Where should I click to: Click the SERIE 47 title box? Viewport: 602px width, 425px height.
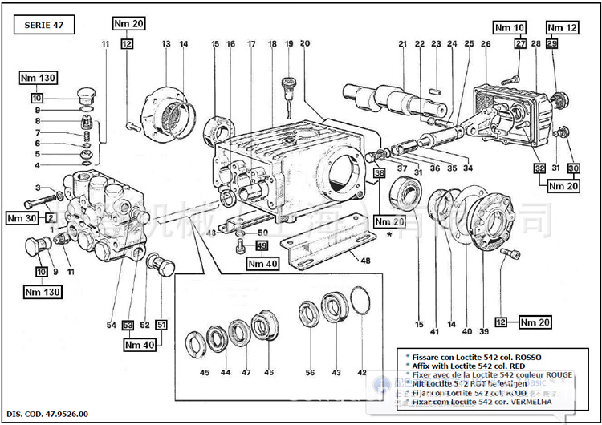click(x=43, y=25)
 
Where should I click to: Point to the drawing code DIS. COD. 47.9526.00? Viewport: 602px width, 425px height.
click(x=49, y=414)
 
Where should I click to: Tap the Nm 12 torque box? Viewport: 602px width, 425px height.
click(x=562, y=28)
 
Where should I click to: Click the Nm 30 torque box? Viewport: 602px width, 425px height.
click(x=22, y=217)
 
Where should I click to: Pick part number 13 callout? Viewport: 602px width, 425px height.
click(x=166, y=43)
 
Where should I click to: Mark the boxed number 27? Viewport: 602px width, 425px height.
click(x=520, y=43)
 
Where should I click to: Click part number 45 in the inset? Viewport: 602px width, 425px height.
click(x=205, y=373)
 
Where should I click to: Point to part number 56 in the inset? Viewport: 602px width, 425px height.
click(x=309, y=373)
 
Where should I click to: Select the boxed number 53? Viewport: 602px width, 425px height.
click(x=128, y=325)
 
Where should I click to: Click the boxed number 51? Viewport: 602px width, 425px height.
click(x=161, y=325)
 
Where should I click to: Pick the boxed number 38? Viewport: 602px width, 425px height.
click(x=379, y=172)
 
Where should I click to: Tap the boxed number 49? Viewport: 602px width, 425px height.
click(x=262, y=245)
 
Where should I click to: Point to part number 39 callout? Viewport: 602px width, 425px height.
click(x=483, y=331)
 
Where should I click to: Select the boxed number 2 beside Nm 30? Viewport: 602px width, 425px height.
click(x=50, y=217)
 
